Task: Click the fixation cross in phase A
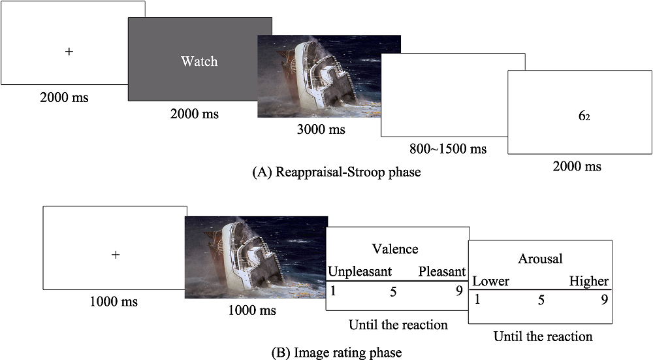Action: [x=69, y=51]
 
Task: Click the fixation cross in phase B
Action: [x=116, y=255]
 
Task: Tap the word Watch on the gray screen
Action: [x=199, y=61]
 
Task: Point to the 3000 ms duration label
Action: [x=321, y=129]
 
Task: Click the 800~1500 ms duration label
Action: [x=448, y=148]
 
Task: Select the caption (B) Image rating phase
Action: [x=336, y=353]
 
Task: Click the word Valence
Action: [x=395, y=249]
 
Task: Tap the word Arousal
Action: [x=540, y=259]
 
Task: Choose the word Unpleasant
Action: [x=360, y=271]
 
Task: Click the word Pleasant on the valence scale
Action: [x=442, y=271]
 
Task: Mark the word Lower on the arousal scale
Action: [x=490, y=282]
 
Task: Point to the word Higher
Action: [x=588, y=282]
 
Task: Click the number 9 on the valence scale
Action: [x=459, y=291]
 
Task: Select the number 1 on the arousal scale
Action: [x=477, y=300]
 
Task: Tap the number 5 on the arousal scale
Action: [x=539, y=300]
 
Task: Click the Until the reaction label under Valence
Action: [x=398, y=325]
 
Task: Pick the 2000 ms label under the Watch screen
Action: [x=194, y=114]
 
